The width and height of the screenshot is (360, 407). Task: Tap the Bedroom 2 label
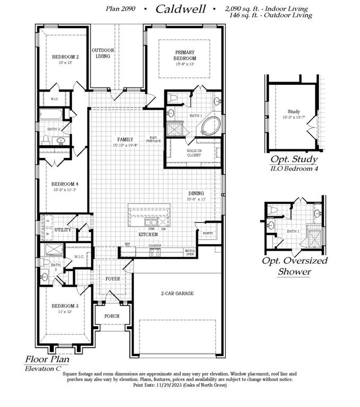[65, 57]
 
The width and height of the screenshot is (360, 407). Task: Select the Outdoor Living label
[103, 53]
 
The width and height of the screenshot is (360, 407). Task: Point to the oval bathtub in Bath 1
[208, 127]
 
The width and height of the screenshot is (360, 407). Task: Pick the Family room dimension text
[125, 145]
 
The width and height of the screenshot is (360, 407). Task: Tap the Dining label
[196, 193]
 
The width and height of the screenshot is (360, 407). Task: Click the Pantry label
[208, 233]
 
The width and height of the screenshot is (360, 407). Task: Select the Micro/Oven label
[189, 252]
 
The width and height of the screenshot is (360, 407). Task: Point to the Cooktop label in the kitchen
[155, 246]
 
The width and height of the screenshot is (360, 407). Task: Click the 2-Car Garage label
[177, 293]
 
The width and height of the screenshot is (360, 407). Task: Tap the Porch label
[111, 316]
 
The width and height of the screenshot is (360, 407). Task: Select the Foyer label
[112, 278]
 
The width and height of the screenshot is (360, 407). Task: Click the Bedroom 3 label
[65, 306]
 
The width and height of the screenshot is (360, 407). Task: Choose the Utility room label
[63, 230]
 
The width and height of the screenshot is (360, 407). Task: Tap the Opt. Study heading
[294, 159]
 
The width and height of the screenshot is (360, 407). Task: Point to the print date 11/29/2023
[159, 385]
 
